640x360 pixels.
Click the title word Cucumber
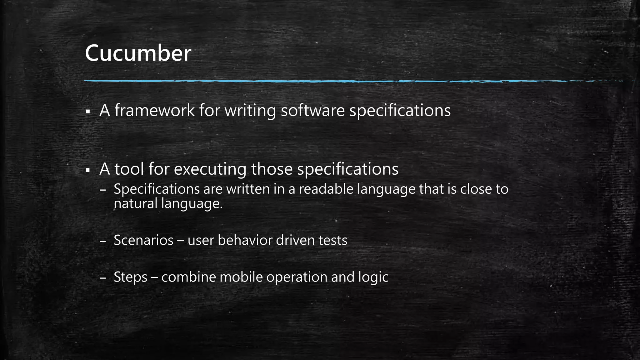tap(138, 53)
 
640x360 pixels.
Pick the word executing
tap(210, 169)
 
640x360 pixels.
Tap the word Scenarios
tap(143, 240)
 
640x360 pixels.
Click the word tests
tap(333, 240)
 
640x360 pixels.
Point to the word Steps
tap(130, 277)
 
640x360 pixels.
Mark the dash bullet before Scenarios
tap(103, 241)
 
